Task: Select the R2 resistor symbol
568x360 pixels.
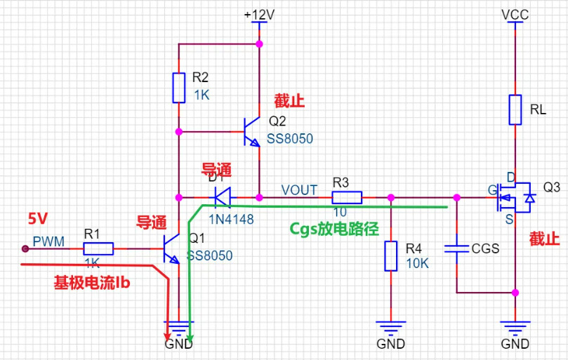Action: pos(179,88)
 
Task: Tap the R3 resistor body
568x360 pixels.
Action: pos(346,197)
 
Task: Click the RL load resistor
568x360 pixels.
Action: pos(516,109)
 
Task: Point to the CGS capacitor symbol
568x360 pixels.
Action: pos(457,247)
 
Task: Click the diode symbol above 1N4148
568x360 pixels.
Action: pos(223,196)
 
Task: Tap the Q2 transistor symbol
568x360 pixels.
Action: pos(251,131)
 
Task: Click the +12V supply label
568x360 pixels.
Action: pos(259,14)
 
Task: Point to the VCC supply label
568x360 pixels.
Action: pos(515,14)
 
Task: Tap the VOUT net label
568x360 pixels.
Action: pos(299,190)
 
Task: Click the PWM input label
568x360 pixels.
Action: pos(48,242)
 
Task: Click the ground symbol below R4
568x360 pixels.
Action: pos(390,326)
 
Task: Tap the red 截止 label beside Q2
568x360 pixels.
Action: pos(289,101)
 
